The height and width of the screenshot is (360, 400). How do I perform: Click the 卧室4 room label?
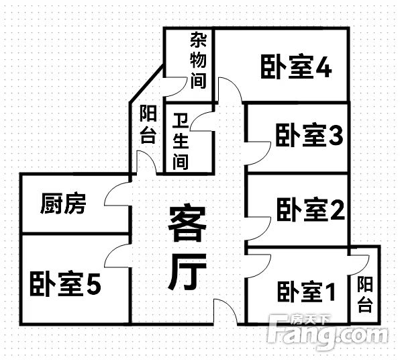point(296,67)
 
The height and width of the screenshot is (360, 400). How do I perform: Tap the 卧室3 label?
point(309,135)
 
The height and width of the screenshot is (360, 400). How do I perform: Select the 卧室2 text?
point(311,210)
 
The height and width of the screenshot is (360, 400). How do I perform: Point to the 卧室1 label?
point(305,291)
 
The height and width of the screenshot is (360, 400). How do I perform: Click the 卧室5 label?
point(65,284)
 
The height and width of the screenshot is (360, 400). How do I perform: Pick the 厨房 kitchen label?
point(63,204)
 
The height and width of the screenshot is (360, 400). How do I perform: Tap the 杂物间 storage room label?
point(198,60)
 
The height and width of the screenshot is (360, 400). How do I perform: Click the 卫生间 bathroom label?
point(181,141)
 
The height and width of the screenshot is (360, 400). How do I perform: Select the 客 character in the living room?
point(187,222)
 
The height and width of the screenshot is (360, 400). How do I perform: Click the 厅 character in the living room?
point(187,271)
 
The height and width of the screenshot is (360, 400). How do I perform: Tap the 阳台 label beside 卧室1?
point(365,295)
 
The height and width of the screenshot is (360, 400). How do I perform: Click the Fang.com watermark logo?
point(328,331)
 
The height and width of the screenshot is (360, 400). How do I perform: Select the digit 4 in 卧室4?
point(324,68)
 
